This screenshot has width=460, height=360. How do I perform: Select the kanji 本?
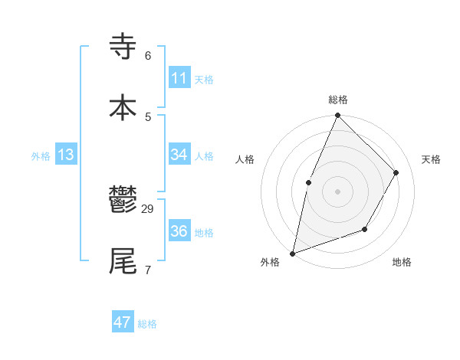point(123,107)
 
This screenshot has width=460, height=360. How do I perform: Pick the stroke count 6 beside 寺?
point(148,56)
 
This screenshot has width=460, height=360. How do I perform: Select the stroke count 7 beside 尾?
point(148,270)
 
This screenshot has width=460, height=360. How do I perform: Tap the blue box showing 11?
point(179,78)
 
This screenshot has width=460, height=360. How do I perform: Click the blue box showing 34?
point(179,155)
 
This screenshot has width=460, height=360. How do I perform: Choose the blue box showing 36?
point(179,231)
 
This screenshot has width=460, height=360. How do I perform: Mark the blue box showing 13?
point(66,155)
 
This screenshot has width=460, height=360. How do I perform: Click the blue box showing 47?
point(123,322)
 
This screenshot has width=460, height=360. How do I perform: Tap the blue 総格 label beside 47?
point(147,324)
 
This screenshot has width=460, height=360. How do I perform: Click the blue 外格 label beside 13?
point(41,156)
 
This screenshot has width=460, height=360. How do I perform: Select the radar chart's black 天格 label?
point(432,159)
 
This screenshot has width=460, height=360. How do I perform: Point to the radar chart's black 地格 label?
point(402,263)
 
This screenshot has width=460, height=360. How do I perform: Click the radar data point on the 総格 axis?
point(337,116)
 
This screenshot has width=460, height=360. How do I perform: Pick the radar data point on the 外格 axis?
point(292,253)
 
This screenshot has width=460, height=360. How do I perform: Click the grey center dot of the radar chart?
point(337,191)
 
